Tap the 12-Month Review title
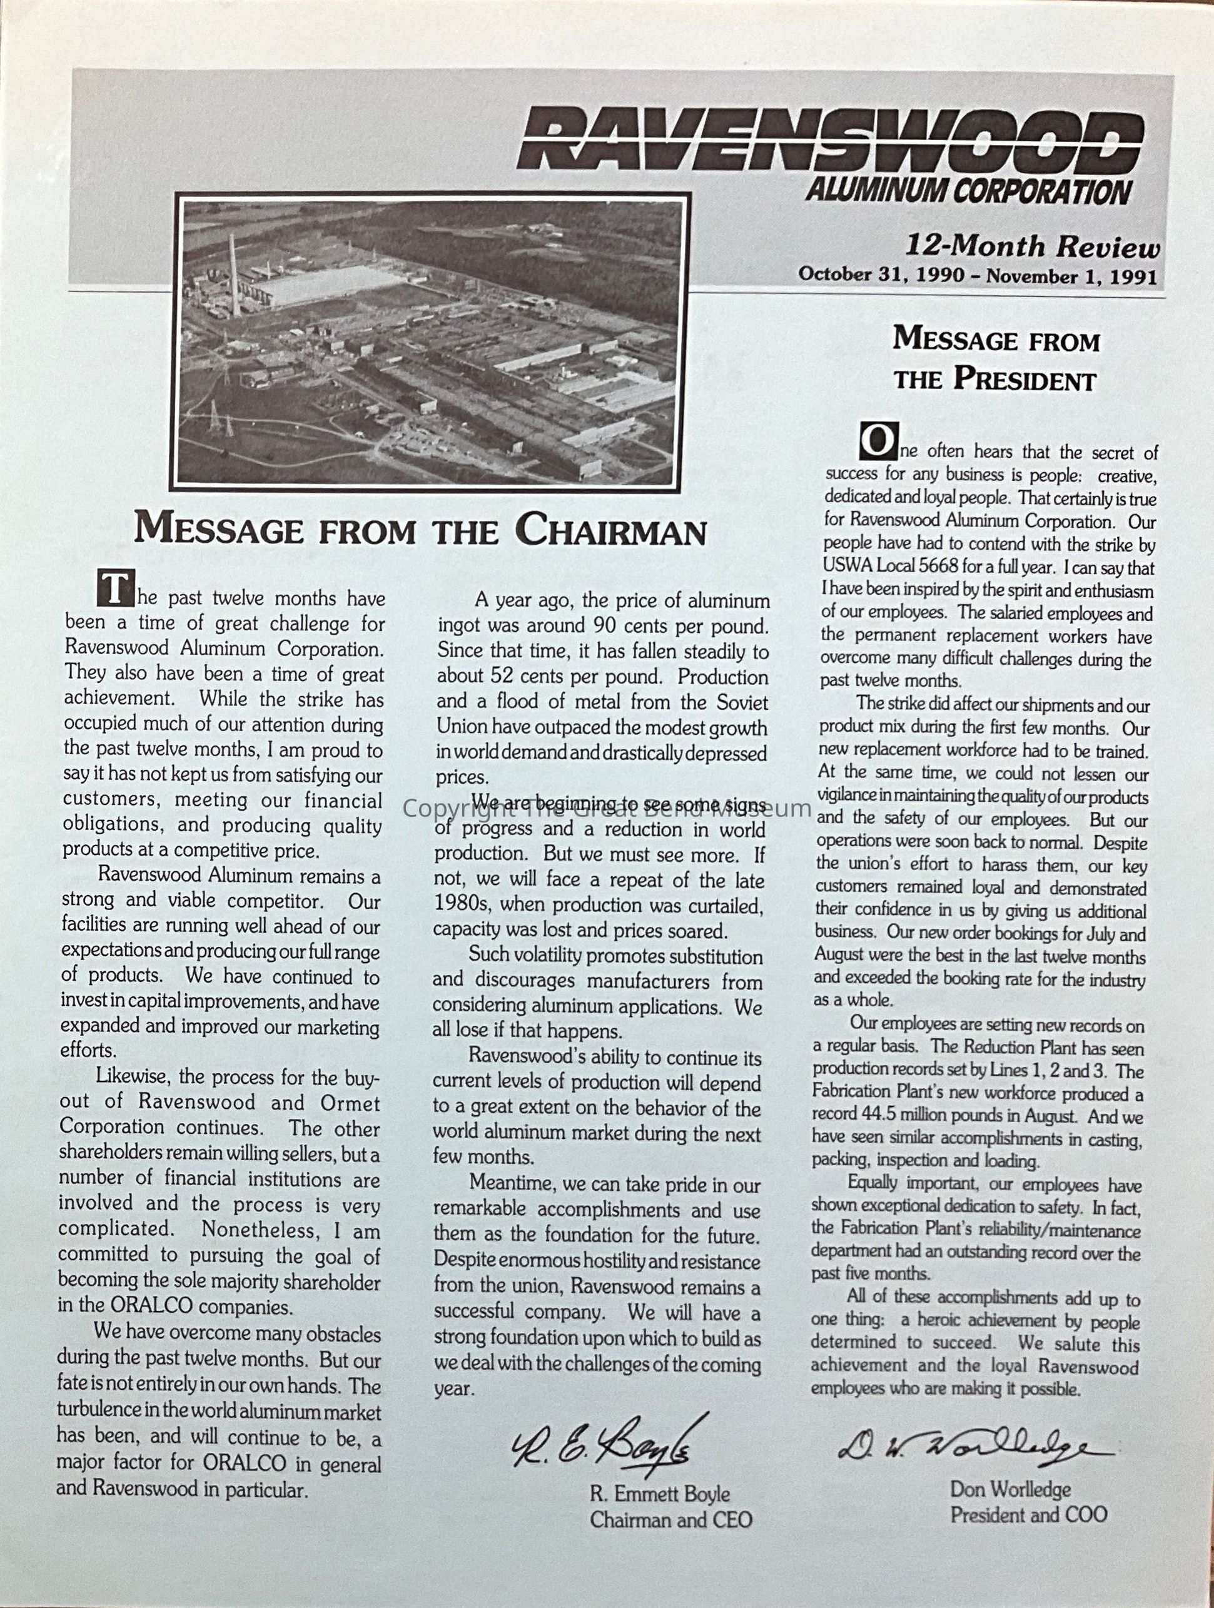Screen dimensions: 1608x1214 point(1031,246)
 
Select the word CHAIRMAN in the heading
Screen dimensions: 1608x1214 point(610,530)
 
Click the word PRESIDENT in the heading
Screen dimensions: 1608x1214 point(1025,379)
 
